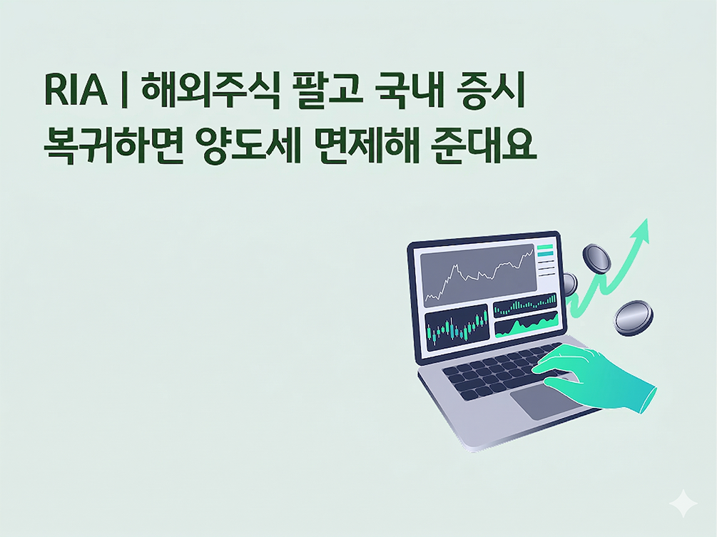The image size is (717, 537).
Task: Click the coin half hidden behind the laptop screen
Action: click(x=569, y=283)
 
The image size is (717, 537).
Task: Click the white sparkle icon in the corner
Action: click(x=683, y=503)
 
